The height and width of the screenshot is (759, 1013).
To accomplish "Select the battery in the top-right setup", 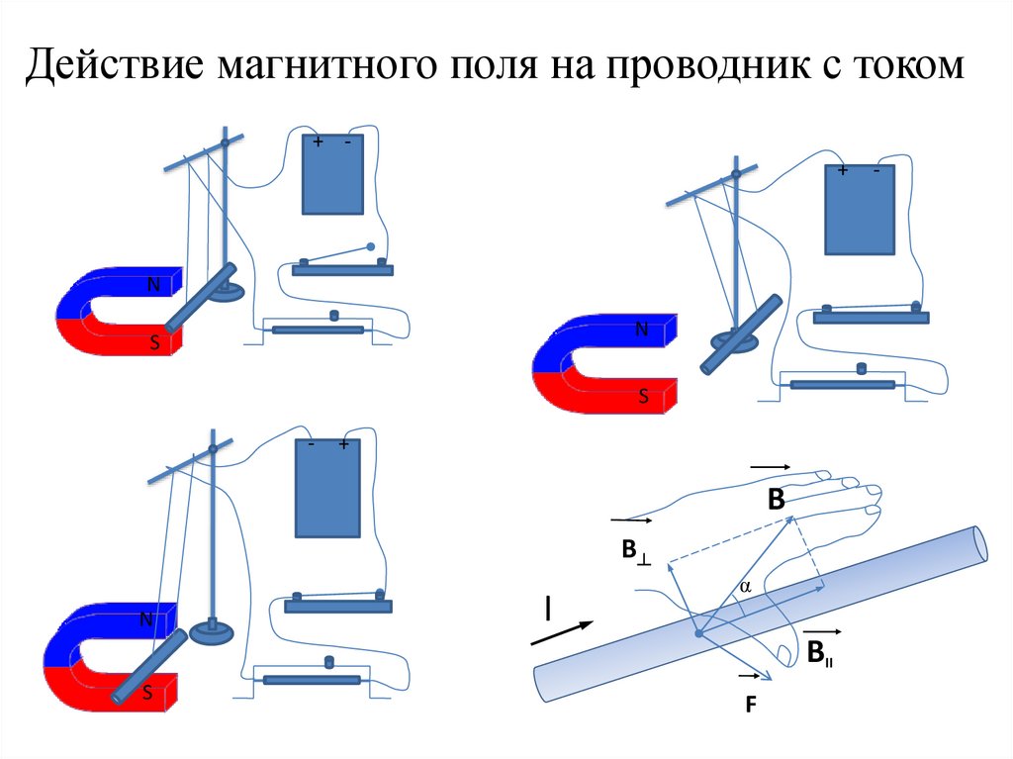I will coord(859,210).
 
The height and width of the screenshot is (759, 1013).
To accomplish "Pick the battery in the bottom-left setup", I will coord(327,488).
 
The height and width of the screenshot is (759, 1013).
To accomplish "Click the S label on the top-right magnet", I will coord(642,397).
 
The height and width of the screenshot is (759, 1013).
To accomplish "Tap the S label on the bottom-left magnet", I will coord(146,694).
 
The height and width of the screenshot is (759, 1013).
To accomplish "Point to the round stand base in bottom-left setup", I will coord(211,630).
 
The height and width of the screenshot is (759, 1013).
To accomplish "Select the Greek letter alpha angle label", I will coord(746,587).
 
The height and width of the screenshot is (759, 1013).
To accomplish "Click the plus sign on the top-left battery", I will coord(318,142).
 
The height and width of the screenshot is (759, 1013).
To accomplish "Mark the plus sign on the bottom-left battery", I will coord(343,446).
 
